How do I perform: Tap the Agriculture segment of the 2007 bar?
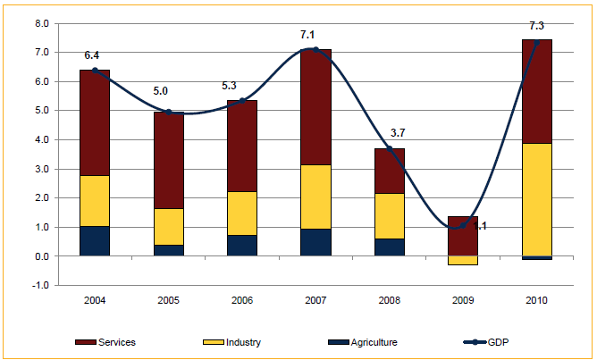tap(315, 242)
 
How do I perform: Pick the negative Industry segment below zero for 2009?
tap(463, 260)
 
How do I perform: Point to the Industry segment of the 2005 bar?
tap(168, 227)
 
